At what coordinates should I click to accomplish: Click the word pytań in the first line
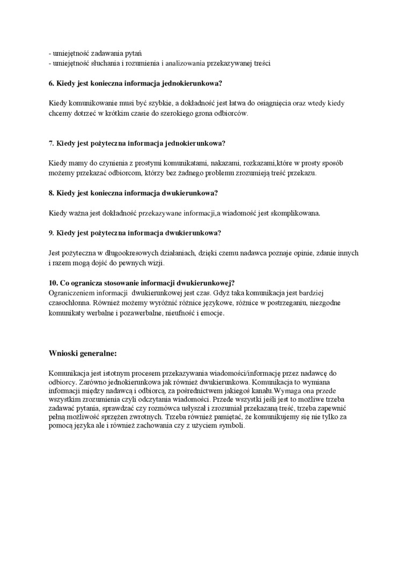[x=133, y=54]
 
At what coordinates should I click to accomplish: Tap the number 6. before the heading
[x=52, y=83]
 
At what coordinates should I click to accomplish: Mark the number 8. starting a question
[x=52, y=192]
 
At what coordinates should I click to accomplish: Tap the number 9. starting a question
[x=52, y=233]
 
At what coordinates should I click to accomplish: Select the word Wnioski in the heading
[x=63, y=353]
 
